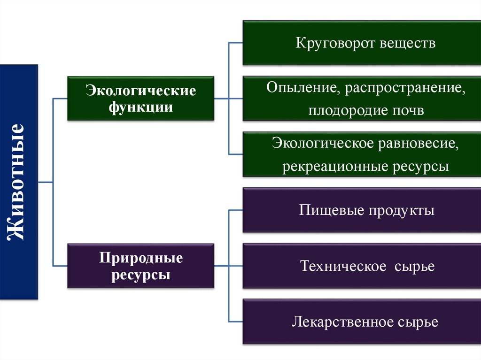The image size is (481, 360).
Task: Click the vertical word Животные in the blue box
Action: click(x=17, y=182)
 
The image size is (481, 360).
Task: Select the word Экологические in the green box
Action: click(x=140, y=91)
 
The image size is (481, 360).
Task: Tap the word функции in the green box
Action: click(x=140, y=107)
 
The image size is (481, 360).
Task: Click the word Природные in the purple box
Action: click(x=141, y=258)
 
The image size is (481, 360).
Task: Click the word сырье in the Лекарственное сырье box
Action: click(x=418, y=322)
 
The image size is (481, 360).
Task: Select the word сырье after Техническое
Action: click(x=415, y=267)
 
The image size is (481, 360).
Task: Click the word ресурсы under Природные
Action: click(x=141, y=275)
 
